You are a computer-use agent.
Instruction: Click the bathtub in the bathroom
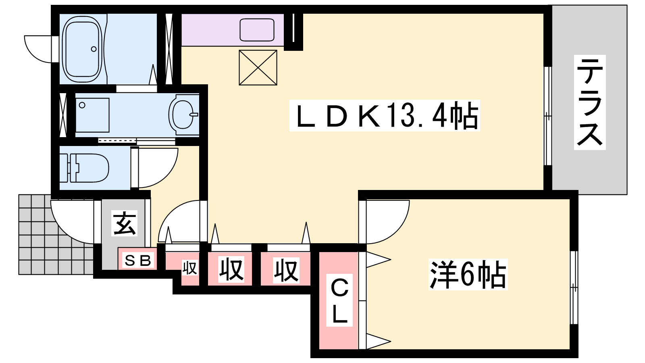pos(83,49)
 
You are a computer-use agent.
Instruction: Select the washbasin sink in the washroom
pos(184,115)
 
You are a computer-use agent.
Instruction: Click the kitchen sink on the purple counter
pos(257,30)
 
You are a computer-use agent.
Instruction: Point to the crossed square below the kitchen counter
pos(258,68)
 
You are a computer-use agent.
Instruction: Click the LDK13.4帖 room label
pos(385,116)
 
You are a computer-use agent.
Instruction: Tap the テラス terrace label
pos(590,102)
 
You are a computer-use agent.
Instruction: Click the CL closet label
pos(339,300)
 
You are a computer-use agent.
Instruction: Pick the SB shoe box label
pos(137,261)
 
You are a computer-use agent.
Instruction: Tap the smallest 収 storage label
pos(189,268)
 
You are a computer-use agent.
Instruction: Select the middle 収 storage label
pos(231,270)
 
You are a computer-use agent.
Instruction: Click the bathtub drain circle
pos(94,49)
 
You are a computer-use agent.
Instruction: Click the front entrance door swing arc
pos(72,222)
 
